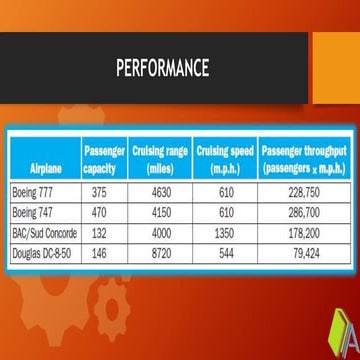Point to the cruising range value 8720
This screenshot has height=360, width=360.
pos(160,252)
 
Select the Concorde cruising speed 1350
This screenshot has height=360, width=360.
pos(225,232)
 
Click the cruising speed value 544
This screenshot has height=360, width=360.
pos(225,252)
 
